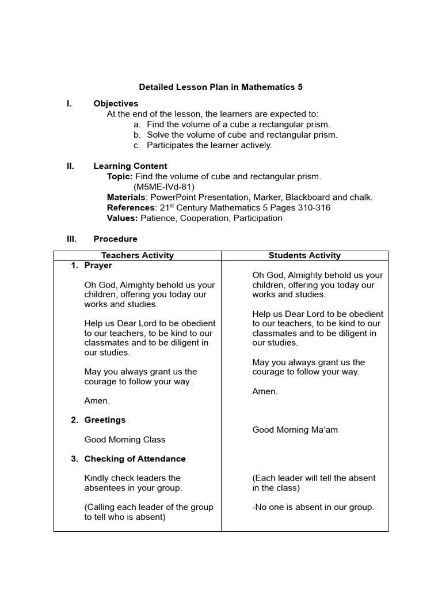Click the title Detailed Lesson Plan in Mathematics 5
(220, 87)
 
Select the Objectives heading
(116, 104)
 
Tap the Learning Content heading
(130, 166)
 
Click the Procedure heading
(115, 239)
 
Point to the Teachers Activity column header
(138, 255)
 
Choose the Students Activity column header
(304, 255)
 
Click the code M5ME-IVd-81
(164, 187)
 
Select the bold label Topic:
(120, 176)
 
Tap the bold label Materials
(126, 197)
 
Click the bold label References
(131, 207)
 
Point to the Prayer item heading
(98, 266)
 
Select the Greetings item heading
(105, 420)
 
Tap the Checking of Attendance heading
(135, 459)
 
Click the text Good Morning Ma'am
(295, 430)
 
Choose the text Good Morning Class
(124, 440)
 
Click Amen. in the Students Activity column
(265, 391)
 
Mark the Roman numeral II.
(70, 166)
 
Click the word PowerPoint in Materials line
(172, 197)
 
